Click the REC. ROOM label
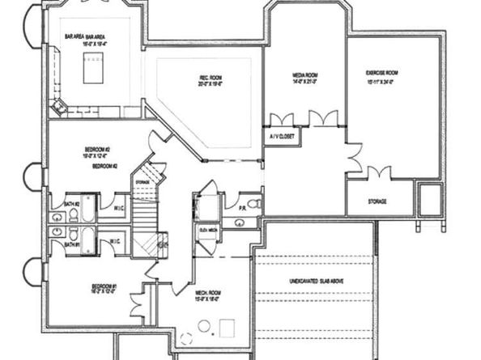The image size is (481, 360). (206, 80)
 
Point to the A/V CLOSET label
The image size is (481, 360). (281, 137)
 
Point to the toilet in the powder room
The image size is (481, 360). (253, 203)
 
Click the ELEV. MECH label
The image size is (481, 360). (208, 229)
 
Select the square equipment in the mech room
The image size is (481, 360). (227, 328)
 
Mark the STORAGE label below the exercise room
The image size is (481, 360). (377, 201)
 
